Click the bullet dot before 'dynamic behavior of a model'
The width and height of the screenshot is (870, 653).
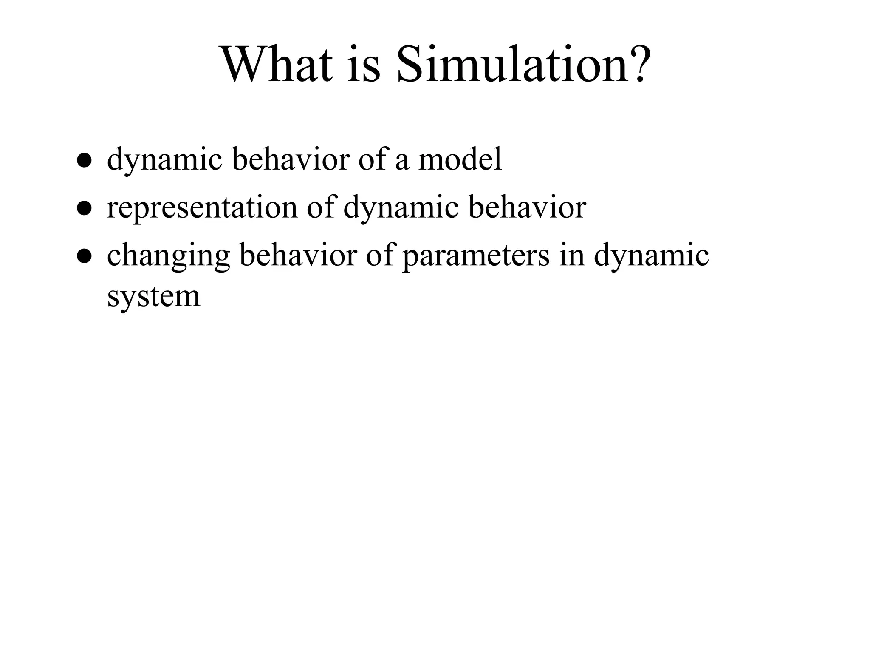coord(85,162)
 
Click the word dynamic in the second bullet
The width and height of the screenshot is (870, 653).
coord(401,208)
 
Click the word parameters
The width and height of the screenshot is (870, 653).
coord(475,256)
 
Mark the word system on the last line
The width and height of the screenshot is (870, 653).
coord(153,297)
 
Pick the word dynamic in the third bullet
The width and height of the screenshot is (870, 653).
coord(651,256)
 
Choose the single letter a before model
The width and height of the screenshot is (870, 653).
coord(402,162)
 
